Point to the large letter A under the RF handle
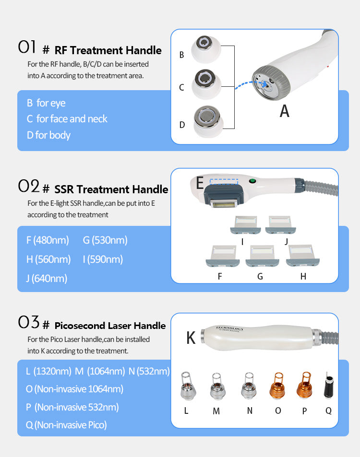coord(285,111)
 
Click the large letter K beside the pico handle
coord(191,338)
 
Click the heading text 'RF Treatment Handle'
coord(108,50)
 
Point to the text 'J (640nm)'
coord(47,278)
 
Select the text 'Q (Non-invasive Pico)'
coord(66,424)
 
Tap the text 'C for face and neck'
coord(67,119)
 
